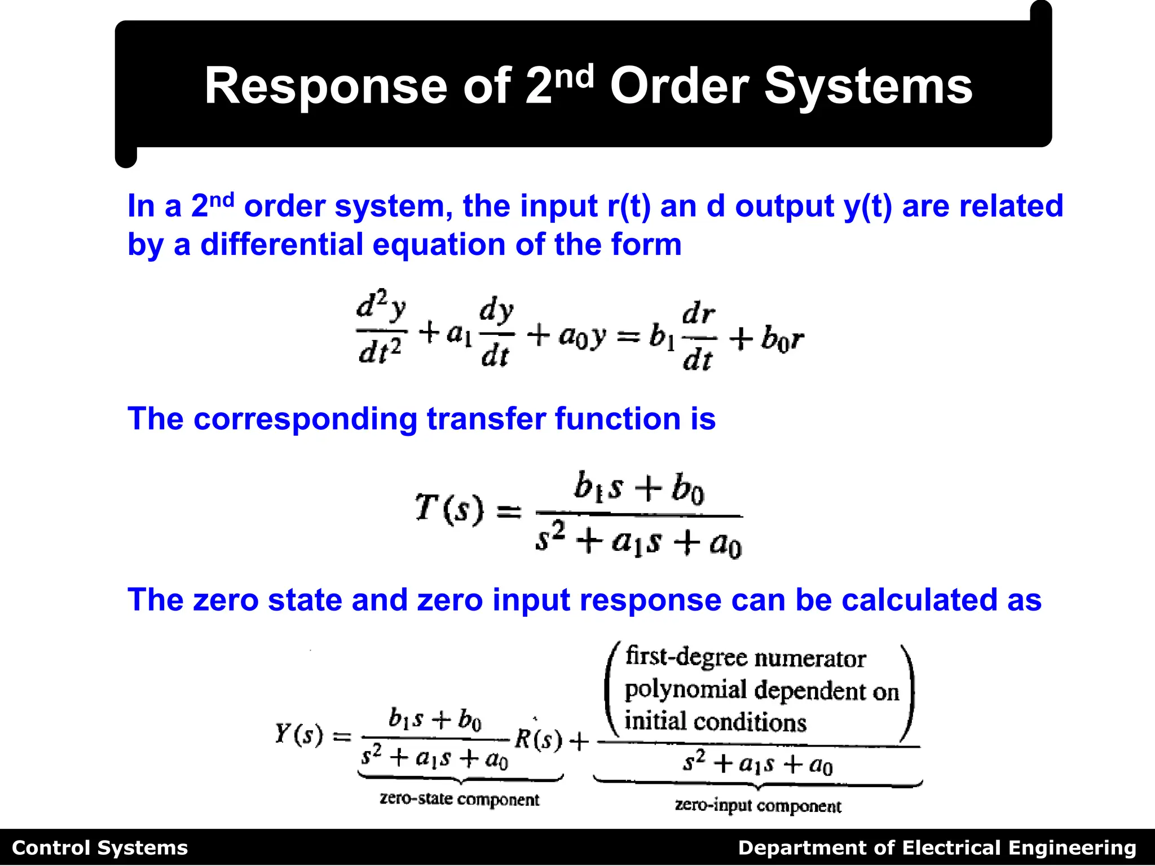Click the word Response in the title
[327, 86]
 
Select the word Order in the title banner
[679, 86]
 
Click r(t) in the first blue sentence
[628, 206]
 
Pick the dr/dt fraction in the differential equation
[698, 337]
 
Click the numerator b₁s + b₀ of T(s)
[638, 488]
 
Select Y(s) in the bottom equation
[299, 734]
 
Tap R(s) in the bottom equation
[539, 739]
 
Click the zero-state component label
[459, 799]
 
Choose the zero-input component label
[757, 806]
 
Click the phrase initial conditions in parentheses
[715, 722]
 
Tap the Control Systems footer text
[100, 848]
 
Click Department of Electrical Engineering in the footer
[937, 848]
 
